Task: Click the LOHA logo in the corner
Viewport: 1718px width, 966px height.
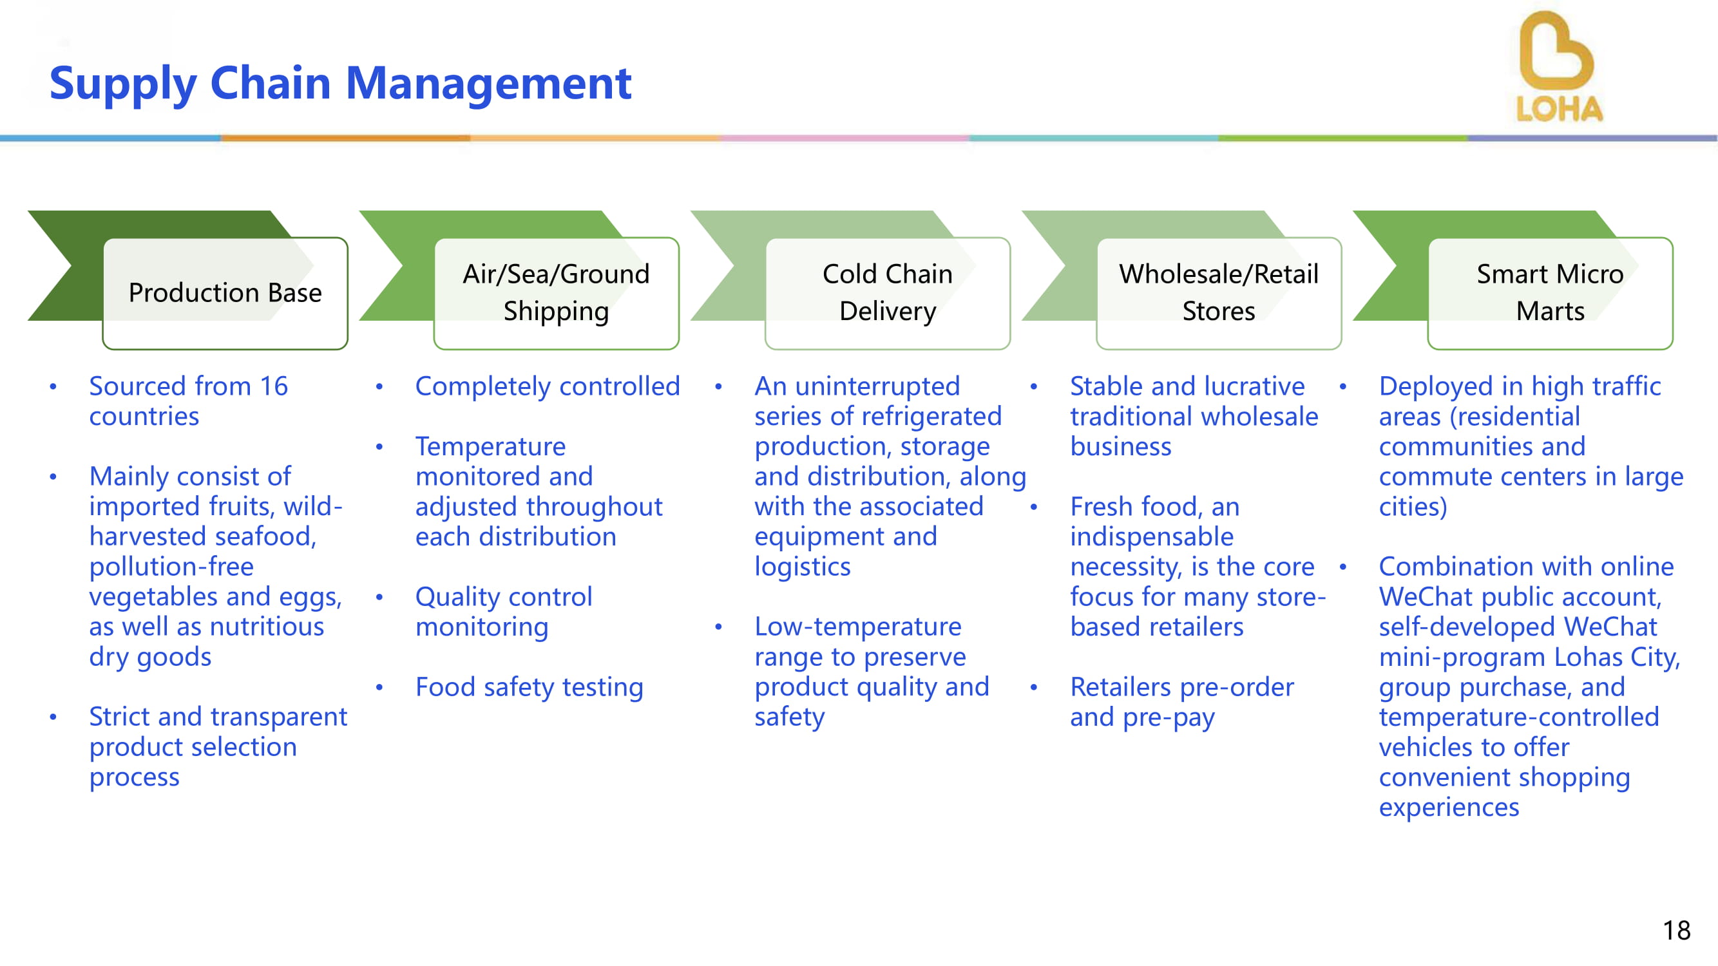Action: click(1558, 67)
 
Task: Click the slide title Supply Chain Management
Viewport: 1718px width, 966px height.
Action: click(340, 83)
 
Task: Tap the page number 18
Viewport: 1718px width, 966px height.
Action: click(1676, 930)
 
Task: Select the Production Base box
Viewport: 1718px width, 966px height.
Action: click(225, 292)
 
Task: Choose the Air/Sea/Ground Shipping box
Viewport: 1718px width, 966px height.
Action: click(556, 292)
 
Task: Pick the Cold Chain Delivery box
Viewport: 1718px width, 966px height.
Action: click(887, 292)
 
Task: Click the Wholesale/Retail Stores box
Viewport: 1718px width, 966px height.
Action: click(1219, 292)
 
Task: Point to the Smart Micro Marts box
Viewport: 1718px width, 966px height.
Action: click(1550, 292)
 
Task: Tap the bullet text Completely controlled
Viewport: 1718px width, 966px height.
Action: click(547, 386)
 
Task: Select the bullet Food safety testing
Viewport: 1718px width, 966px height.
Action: click(529, 687)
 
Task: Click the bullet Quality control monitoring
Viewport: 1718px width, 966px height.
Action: click(504, 611)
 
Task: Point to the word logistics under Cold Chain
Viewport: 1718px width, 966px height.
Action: click(802, 567)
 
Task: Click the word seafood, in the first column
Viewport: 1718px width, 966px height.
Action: click(272, 536)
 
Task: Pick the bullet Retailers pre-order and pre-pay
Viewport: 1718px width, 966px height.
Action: click(1181, 701)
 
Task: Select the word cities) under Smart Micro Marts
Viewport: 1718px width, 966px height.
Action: click(1413, 507)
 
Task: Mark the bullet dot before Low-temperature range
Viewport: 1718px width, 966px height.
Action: click(718, 627)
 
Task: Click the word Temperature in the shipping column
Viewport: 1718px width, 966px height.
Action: click(490, 446)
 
